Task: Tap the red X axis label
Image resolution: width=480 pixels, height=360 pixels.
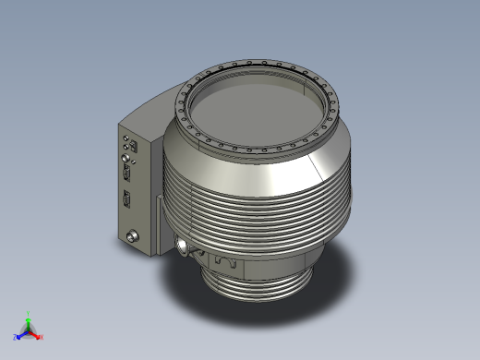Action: (42, 337)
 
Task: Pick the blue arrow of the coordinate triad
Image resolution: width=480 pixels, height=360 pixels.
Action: (22, 334)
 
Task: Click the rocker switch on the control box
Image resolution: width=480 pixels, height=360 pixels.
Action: (136, 146)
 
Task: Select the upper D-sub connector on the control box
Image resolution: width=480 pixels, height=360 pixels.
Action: (128, 171)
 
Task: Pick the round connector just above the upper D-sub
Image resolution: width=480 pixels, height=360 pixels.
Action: (126, 157)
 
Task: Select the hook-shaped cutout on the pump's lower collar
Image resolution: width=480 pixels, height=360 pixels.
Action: (222, 263)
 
